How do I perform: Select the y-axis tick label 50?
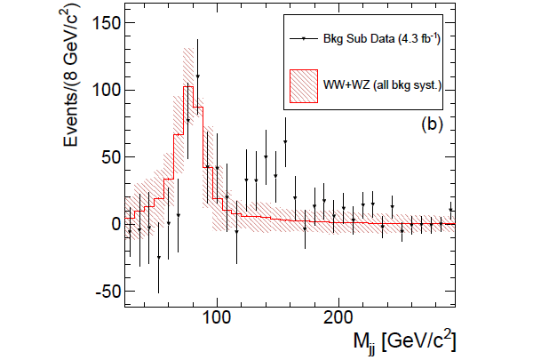pos(103,156)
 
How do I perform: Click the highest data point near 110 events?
pos(197,77)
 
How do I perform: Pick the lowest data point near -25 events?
pos(158,258)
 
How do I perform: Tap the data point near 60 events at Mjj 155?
pos(285,142)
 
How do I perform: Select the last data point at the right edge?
pos(450,210)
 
